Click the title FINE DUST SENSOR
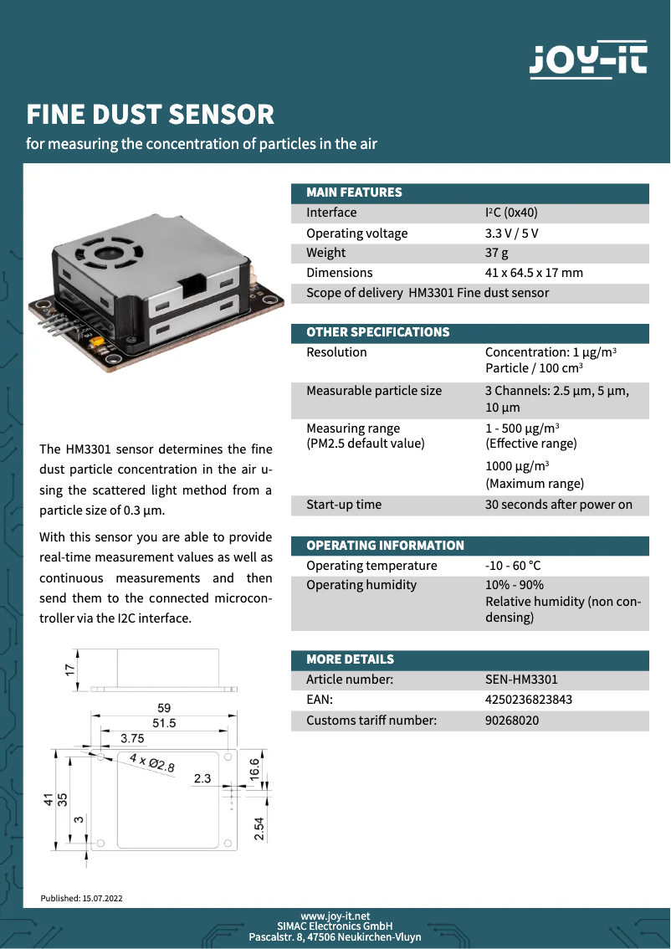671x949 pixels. [x=151, y=115]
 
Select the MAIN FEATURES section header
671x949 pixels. [x=354, y=192]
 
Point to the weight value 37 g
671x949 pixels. [x=497, y=253]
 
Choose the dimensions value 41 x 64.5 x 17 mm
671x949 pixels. [x=534, y=273]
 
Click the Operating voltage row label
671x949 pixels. [x=356, y=233]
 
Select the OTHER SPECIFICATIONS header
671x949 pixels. [x=377, y=332]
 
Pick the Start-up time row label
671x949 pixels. [x=343, y=505]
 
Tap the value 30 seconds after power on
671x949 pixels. [x=558, y=505]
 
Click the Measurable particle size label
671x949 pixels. [x=373, y=391]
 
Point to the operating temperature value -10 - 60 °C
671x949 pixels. [x=513, y=566]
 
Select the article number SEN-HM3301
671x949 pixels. [x=521, y=680]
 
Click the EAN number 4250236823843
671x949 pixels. [x=529, y=700]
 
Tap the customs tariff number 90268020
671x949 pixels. [x=512, y=720]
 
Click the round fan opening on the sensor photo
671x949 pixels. [x=109, y=250]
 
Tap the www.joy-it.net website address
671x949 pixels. [x=335, y=916]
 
